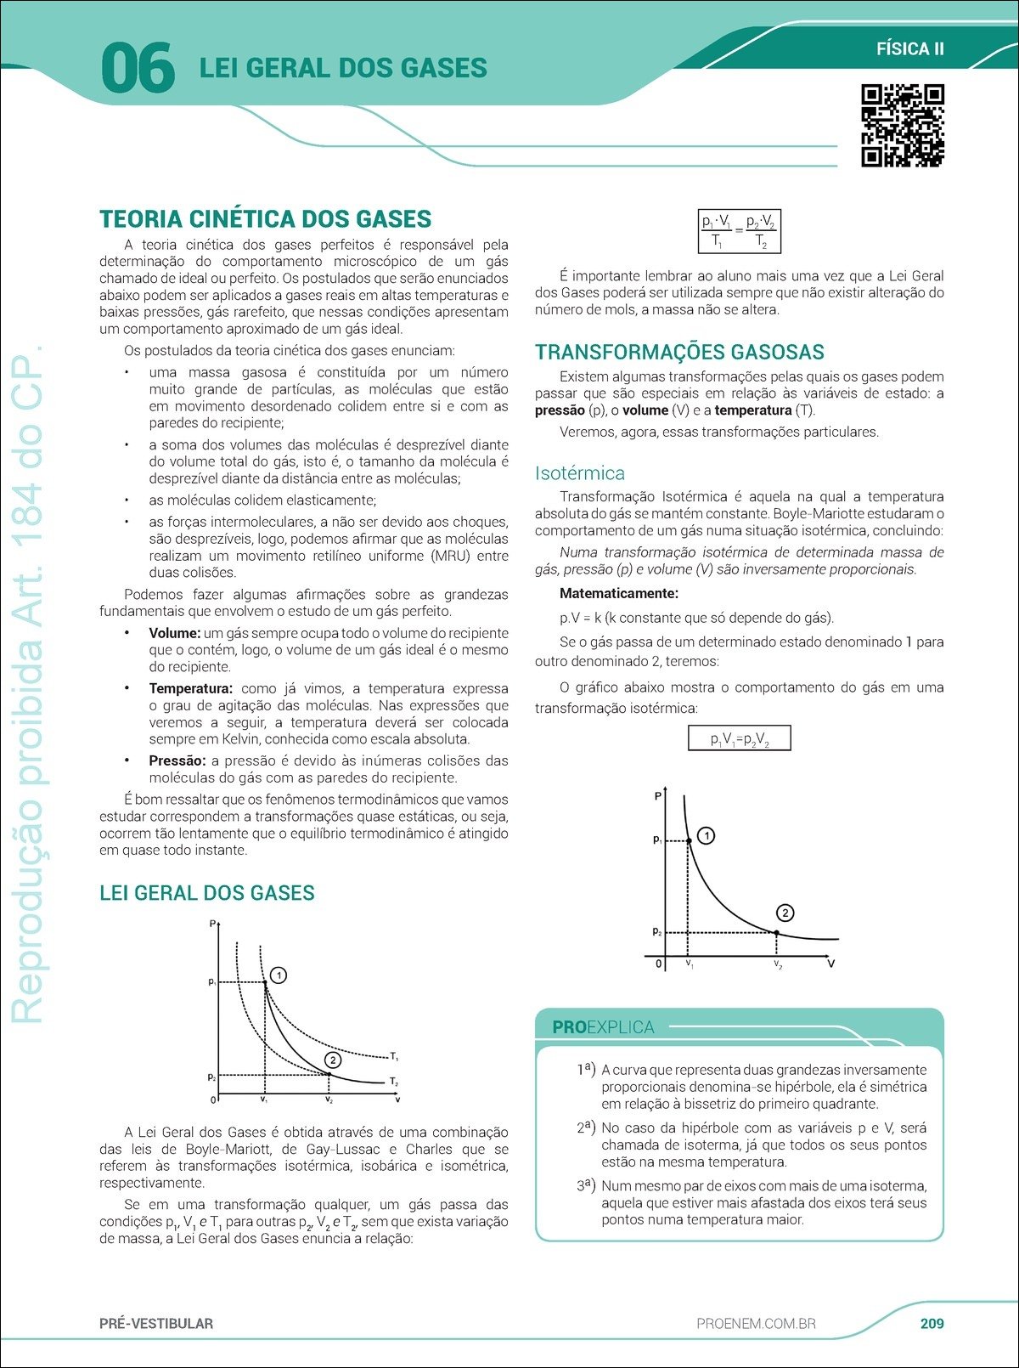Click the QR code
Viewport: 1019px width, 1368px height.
pos(903,126)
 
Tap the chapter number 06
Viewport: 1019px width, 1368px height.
pos(138,69)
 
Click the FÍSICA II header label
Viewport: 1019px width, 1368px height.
pos(909,49)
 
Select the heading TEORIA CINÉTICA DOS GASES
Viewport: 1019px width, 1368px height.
pos(265,219)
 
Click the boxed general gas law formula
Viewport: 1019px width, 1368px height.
pos(739,232)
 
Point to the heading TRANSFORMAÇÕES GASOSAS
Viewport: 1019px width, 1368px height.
pos(679,353)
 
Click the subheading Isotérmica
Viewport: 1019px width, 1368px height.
pos(579,473)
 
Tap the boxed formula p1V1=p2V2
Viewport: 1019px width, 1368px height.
pos(739,738)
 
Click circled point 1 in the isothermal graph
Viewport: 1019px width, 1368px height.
pos(706,836)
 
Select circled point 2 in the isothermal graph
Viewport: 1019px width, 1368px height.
pos(785,913)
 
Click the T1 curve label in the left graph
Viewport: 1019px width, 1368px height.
pos(394,1057)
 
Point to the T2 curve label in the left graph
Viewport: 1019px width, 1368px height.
pos(394,1082)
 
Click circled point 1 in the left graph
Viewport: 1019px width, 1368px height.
pos(278,975)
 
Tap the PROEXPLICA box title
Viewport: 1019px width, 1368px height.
pos(603,1027)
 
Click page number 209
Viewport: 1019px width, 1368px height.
pos(932,1323)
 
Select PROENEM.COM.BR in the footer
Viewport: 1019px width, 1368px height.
pos(756,1324)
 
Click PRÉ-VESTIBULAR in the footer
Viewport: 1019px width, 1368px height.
pos(156,1324)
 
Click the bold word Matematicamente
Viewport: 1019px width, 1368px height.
pos(618,594)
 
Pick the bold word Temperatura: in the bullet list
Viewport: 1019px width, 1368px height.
pos(190,689)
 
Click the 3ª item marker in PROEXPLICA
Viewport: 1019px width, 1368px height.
pos(586,1184)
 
